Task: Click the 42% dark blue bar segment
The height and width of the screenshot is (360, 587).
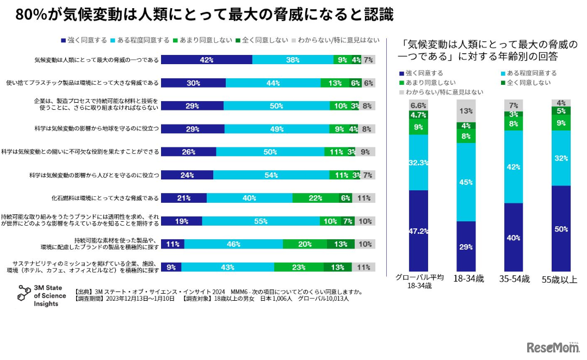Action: point(207,60)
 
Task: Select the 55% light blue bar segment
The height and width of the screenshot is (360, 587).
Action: point(261,221)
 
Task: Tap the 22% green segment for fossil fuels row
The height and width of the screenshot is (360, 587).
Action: point(315,198)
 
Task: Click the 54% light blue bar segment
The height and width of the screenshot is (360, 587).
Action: point(271,175)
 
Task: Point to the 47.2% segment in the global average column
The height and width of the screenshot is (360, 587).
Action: point(418,231)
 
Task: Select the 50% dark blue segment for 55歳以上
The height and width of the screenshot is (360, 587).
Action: point(561,228)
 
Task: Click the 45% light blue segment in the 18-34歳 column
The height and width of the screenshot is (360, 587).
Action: point(466,182)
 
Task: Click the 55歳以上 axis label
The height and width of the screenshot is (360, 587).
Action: point(561,280)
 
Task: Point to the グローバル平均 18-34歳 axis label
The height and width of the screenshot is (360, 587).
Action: point(419,281)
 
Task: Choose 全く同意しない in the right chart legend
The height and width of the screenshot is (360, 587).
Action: point(528,83)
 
